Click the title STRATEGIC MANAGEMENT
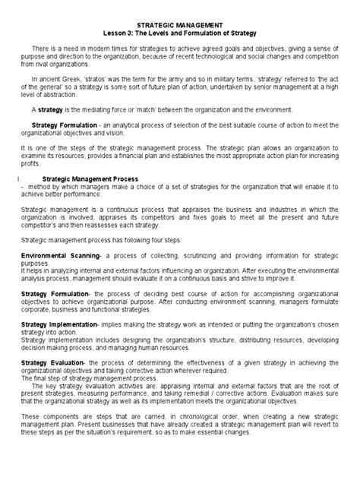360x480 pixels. pyautogui.click(x=179, y=26)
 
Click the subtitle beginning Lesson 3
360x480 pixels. pyautogui.click(x=179, y=33)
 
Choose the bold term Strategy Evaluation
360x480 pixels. pyautogui.click(x=58, y=364)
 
